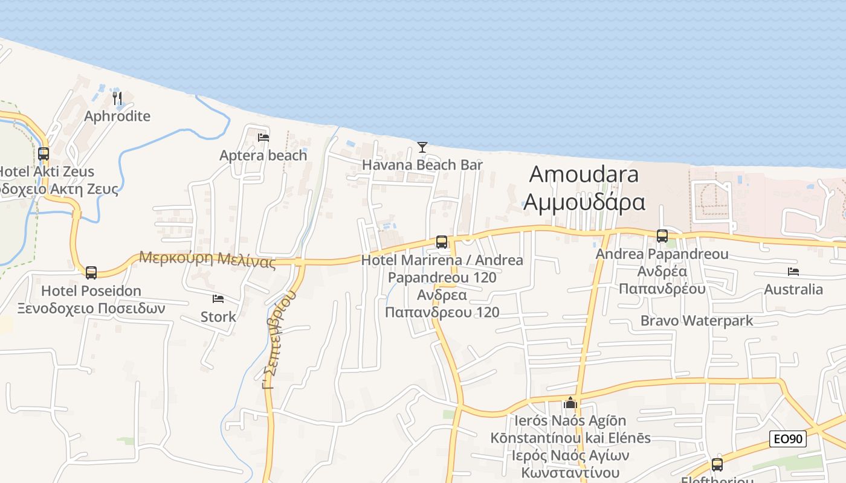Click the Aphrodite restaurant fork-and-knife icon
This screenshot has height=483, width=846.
[117, 98]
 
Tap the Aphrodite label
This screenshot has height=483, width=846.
[117, 116]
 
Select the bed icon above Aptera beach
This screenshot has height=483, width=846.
[263, 138]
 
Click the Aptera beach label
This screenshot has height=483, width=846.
[263, 155]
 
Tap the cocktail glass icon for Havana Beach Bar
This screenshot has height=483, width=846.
[422, 147]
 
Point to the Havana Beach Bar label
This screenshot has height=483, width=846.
[422, 165]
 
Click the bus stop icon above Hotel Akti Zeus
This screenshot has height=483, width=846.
[44, 154]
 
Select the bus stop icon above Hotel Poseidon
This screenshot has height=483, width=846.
[91, 273]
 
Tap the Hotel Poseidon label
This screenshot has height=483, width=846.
[91, 291]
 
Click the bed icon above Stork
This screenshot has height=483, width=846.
[218, 299]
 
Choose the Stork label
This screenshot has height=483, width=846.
[218, 316]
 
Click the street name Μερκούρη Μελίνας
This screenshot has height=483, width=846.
[207, 260]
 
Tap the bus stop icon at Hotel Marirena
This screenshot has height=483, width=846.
[442, 242]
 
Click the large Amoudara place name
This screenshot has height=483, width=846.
[584, 174]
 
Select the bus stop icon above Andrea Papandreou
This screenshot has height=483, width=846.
[662, 236]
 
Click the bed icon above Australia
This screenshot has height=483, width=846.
[793, 272]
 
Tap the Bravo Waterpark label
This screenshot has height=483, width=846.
[697, 320]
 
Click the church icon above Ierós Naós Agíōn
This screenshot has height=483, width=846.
[570, 403]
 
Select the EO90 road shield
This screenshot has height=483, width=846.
[788, 439]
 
